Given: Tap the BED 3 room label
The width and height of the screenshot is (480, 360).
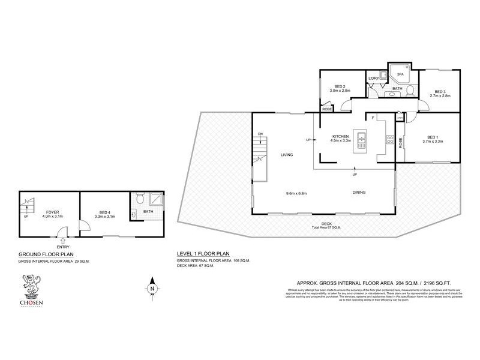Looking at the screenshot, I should pos(440,91).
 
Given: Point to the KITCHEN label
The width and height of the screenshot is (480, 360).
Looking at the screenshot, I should pos(340,137).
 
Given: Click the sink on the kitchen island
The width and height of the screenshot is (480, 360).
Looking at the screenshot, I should pos(361,142).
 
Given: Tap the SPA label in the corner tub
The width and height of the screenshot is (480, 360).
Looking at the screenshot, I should pos(401,74).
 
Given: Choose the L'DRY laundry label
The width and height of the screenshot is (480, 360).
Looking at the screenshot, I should pos(373,78).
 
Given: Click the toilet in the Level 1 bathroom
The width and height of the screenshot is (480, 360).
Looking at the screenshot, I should pos(410,91).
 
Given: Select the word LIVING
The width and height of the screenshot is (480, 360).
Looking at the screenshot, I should pos(286,155).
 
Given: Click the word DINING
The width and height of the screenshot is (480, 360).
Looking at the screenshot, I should pos(359,193).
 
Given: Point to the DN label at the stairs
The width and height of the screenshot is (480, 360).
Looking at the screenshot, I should pos(260,133).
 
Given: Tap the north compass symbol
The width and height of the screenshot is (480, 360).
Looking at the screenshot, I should pos(153,287).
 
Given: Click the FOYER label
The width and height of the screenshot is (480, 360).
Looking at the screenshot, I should pos(49,212).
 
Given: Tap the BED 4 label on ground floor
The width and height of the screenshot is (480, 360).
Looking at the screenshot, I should pos(105,212).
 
